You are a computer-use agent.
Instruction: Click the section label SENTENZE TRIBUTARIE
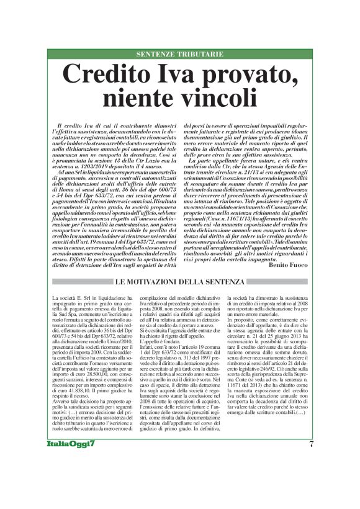click(x=179, y=55)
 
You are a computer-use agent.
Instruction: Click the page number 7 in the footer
click(x=311, y=477)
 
